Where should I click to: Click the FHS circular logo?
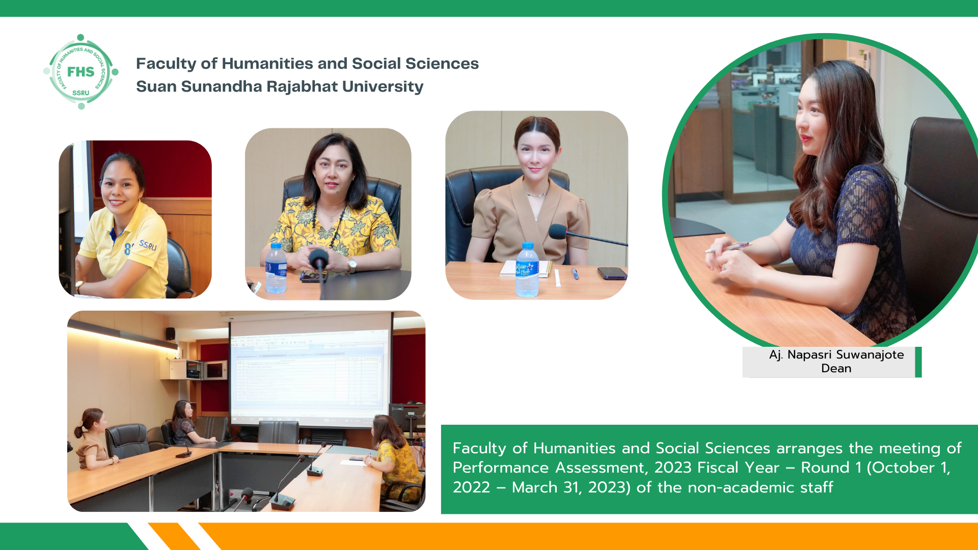point(81,72)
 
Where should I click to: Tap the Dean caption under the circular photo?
point(836,368)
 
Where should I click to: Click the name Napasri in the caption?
point(809,355)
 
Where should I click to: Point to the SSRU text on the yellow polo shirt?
point(148,245)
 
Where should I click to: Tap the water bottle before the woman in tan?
point(527,270)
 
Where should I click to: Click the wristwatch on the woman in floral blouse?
point(351,264)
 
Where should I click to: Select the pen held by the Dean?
point(728,248)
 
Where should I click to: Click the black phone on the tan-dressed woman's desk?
point(612,273)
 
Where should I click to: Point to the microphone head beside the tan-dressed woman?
point(558,232)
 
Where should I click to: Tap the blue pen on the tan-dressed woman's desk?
point(575,273)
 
